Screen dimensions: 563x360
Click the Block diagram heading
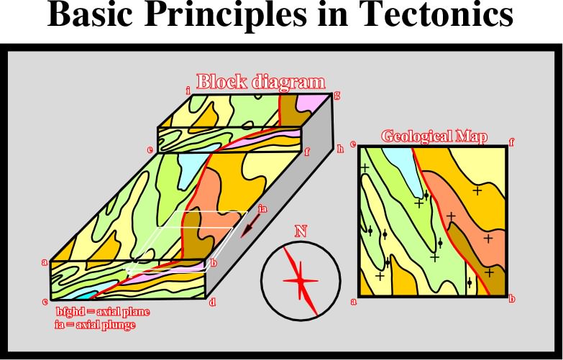point(261,82)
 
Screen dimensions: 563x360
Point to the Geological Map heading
point(434,137)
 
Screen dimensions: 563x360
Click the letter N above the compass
point(301,231)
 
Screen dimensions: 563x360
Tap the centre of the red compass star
point(300,281)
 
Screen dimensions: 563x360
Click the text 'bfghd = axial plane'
point(103,312)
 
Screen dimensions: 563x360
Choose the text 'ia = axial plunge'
point(95,326)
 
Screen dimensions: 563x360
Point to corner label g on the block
point(337,95)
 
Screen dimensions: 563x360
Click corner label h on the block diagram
point(340,149)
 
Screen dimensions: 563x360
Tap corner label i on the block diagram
point(188,91)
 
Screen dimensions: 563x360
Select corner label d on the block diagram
point(213,303)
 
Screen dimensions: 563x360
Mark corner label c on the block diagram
point(45,302)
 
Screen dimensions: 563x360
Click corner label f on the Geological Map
point(512,143)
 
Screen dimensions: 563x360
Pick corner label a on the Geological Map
point(354,302)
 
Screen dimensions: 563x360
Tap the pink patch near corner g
point(310,103)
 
